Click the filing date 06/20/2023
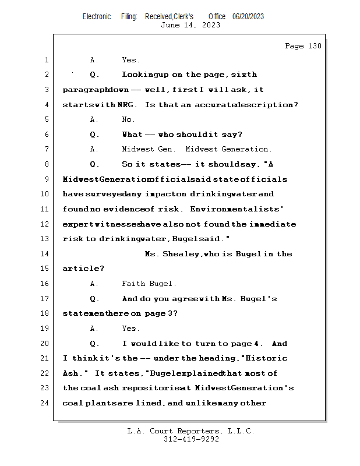pyautogui.click(x=248, y=17)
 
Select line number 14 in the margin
pyautogui.click(x=46, y=254)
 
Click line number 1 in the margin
pyautogui.click(x=46, y=60)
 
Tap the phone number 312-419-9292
pyautogui.click(x=191, y=439)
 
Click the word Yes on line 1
pyautogui.click(x=130, y=60)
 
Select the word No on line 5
pyautogui.click(x=128, y=119)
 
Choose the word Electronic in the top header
pyautogui.click(x=97, y=17)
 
